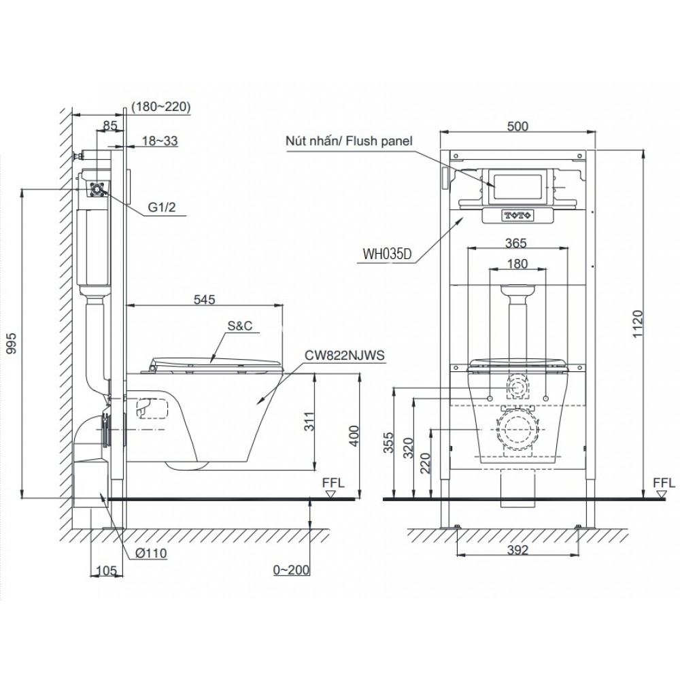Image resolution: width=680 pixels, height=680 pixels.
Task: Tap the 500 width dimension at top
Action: pyautogui.click(x=518, y=125)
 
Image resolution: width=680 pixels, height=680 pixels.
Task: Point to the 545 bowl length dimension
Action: pyautogui.click(x=203, y=299)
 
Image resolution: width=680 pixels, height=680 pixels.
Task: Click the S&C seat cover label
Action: pyautogui.click(x=239, y=326)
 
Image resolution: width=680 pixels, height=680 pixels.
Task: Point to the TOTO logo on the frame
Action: pyautogui.click(x=518, y=216)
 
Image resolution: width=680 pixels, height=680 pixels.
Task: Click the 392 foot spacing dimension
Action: pyautogui.click(x=518, y=551)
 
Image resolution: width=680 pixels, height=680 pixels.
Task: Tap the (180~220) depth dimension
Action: pyautogui.click(x=162, y=106)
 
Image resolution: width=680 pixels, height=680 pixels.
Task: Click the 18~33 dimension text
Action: pyautogui.click(x=160, y=141)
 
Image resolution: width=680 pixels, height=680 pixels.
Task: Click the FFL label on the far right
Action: pyautogui.click(x=664, y=483)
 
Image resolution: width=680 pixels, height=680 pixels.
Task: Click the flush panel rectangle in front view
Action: pyautogui.click(x=517, y=185)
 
